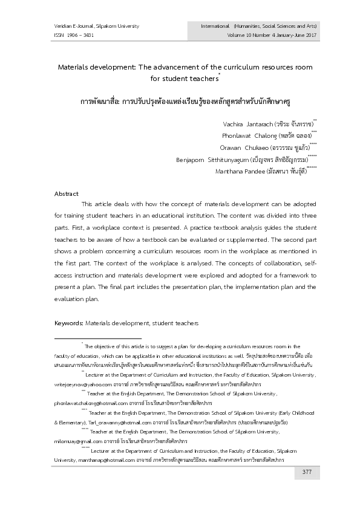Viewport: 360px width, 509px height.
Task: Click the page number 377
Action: click(x=307, y=472)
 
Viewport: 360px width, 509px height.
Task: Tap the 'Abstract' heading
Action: click(x=67, y=193)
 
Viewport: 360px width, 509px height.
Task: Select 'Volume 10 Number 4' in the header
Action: click(x=245, y=36)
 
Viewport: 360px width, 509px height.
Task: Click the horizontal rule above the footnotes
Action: click(x=97, y=339)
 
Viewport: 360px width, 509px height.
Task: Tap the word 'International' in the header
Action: click(x=215, y=26)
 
